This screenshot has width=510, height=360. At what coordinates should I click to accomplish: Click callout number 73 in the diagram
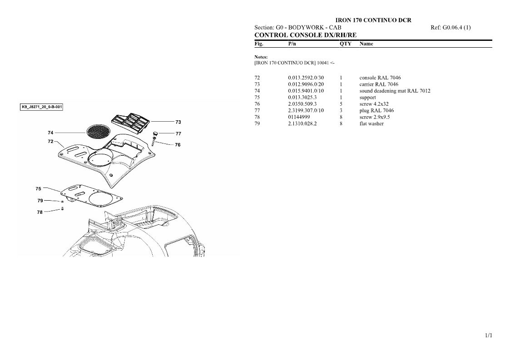(178, 122)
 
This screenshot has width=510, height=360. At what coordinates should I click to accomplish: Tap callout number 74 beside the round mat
(50, 133)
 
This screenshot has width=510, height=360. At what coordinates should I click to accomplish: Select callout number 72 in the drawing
(50, 142)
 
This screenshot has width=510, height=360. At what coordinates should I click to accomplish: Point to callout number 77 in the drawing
(178, 133)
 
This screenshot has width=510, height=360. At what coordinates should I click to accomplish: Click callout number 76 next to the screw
(178, 145)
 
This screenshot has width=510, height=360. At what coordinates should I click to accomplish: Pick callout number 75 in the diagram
(39, 188)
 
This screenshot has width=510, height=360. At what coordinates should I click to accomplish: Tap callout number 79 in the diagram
(40, 201)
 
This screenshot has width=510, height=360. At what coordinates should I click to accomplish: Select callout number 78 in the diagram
(40, 212)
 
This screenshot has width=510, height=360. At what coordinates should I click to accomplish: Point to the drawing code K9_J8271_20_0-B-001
(41, 107)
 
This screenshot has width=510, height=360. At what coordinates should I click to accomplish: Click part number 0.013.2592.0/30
(306, 78)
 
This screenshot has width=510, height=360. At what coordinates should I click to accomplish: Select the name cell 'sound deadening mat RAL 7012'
(395, 91)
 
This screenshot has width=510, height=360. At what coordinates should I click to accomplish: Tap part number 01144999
(299, 117)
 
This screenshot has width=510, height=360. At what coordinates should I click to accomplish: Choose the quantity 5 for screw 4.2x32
(341, 104)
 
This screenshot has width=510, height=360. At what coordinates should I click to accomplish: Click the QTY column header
(346, 44)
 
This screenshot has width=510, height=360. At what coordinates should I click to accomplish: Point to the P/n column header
(292, 44)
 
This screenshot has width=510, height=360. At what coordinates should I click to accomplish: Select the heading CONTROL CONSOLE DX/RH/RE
(306, 35)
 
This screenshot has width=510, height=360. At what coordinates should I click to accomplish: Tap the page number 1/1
(489, 335)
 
